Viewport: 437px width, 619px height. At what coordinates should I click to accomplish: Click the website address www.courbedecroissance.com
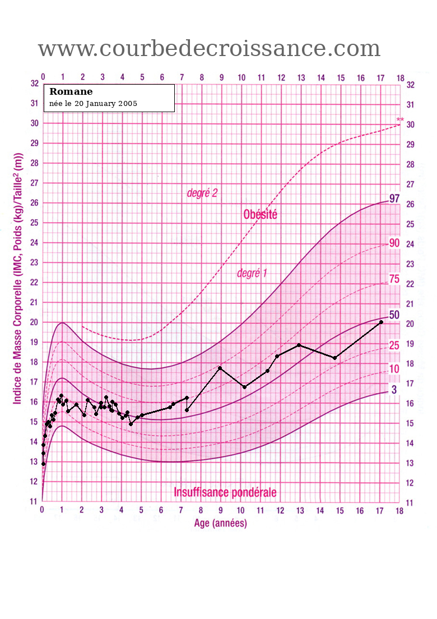pos(209,49)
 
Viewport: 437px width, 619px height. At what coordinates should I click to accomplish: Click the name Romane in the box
pos(71,92)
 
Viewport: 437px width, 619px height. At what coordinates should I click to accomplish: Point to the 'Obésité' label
pos(260,214)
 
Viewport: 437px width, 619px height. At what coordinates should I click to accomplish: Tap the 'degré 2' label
pos(202,193)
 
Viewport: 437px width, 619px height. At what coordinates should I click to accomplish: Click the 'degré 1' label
pos(252,274)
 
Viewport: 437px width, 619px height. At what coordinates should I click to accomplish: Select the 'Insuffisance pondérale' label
pos(225,493)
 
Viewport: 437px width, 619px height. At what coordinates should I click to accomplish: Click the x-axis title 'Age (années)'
pos(220,524)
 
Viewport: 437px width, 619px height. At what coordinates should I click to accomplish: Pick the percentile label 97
pos(394,198)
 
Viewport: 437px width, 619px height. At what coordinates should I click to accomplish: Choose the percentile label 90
pos(394,243)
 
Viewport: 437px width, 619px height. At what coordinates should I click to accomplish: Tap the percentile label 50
pos(394,315)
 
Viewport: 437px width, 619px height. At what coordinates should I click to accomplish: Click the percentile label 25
pos(394,345)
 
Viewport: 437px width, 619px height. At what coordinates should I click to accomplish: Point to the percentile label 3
pos(394,389)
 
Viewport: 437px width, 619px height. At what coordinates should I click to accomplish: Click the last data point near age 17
pos(381,322)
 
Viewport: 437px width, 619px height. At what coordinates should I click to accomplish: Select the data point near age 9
pos(220,368)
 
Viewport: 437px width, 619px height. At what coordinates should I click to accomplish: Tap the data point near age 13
pos(299,345)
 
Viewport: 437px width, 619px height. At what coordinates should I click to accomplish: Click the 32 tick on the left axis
pos(34,84)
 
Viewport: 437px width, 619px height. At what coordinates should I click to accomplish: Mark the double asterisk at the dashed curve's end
pos(400,120)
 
